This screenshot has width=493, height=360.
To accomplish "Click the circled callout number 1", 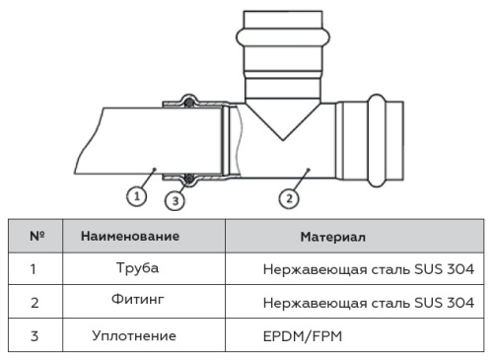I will (x=139, y=195).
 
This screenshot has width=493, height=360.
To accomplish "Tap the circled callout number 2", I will (x=287, y=197).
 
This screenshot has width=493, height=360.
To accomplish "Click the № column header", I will (x=35, y=237).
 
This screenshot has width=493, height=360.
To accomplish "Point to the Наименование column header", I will (x=130, y=237).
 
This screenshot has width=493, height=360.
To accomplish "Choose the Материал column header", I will (x=332, y=238).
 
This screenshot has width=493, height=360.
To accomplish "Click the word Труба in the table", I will (x=136, y=267).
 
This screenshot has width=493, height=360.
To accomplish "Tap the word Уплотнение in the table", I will (x=134, y=335).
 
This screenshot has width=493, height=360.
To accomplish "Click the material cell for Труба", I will (x=369, y=268).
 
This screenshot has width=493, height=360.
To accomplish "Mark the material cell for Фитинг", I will (x=369, y=301).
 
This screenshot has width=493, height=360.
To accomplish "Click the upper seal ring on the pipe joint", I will (x=185, y=100).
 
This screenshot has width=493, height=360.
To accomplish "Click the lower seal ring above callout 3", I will (x=185, y=177).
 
